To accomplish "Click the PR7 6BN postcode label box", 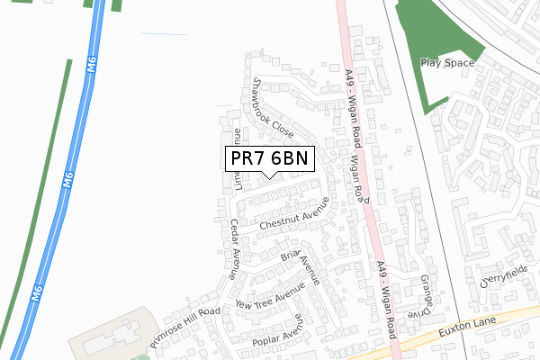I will point(269,158).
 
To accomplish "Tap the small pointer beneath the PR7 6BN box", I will point(269,175).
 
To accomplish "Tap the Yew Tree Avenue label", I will point(270,302).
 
